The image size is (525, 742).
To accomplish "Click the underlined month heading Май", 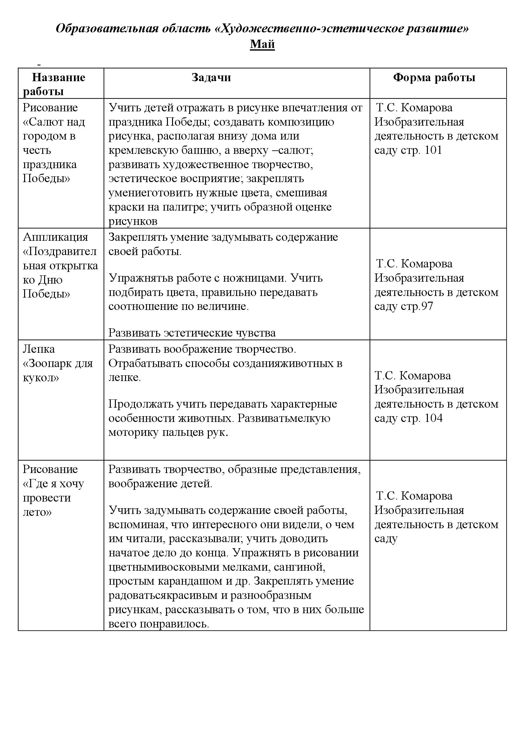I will pos(262,44).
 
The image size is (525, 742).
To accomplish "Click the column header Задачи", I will pos(211,77).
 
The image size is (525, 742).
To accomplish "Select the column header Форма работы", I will pos(434,77).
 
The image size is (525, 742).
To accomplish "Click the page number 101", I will pos(433,150).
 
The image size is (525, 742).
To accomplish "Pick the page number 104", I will pos(433,418).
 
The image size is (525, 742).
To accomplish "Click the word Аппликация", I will pos(55,237).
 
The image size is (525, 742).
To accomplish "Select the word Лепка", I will pos(39,349).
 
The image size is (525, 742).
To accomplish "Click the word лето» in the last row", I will pos(37,512).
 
